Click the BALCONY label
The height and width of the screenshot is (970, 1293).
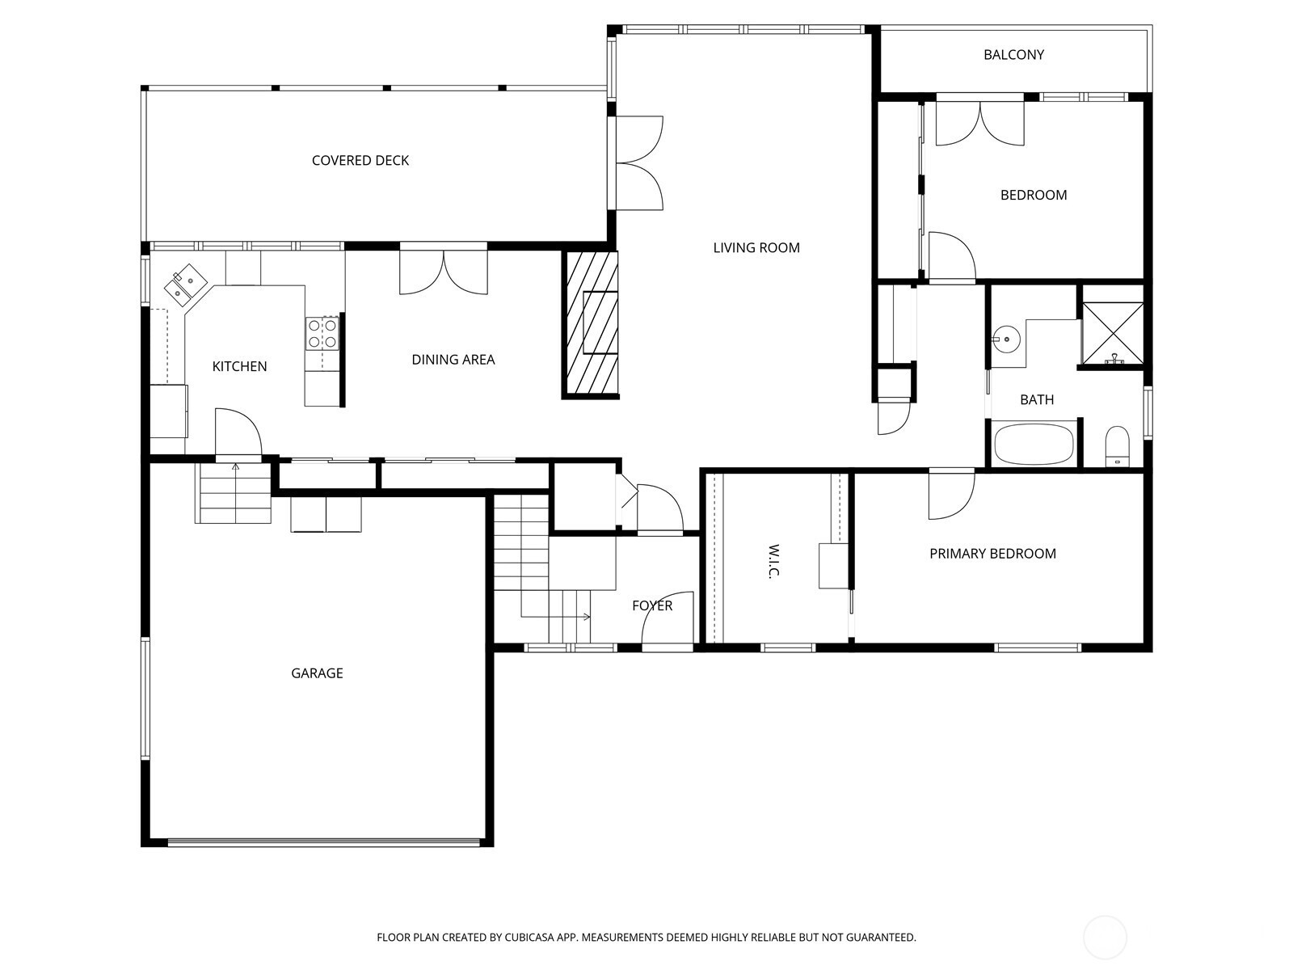point(1013,55)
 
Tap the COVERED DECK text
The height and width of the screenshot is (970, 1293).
point(360,161)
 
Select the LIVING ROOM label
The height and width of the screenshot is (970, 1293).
point(756,248)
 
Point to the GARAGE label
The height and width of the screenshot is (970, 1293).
point(317,673)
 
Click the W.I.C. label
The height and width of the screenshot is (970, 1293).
point(774,561)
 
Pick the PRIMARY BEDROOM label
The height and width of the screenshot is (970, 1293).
point(992,554)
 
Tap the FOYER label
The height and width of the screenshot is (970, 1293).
point(652,605)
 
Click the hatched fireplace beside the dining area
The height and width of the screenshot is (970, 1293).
point(590,323)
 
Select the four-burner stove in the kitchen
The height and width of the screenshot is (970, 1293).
point(322,333)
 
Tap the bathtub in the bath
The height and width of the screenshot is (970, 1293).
point(1034,445)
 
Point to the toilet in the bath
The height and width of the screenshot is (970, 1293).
point(1117,445)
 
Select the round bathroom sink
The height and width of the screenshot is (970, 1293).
point(1007,339)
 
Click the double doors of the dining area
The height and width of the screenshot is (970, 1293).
point(444,272)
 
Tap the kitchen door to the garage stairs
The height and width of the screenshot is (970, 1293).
point(238,433)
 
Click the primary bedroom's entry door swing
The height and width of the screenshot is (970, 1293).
point(951,495)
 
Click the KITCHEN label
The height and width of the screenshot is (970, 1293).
point(239,366)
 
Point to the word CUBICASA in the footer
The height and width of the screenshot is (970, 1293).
point(529,937)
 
